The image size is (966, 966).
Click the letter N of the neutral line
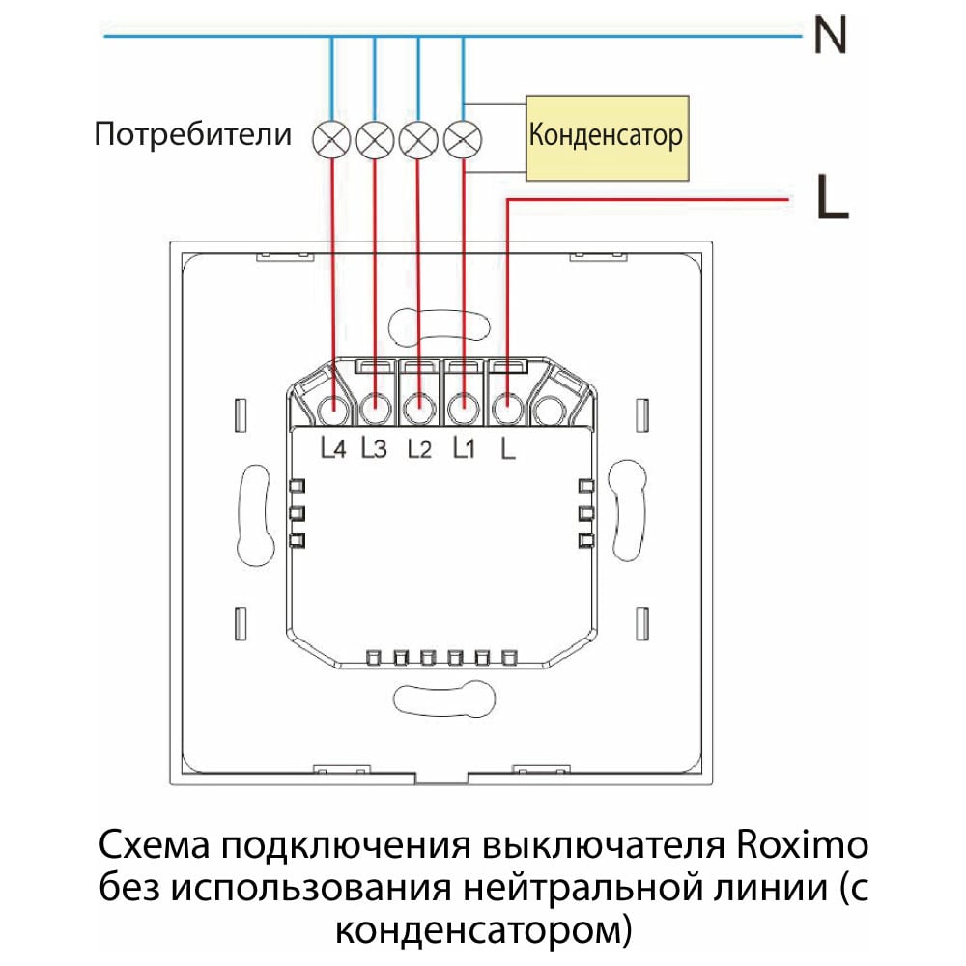830,35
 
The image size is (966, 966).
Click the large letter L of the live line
833,196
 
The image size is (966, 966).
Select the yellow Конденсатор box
607,138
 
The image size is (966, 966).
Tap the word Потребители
193,133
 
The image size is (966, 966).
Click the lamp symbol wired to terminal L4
331,139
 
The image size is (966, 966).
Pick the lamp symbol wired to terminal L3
375,139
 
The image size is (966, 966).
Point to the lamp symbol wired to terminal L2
418,139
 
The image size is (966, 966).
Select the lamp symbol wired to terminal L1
463,139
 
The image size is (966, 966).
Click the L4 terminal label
332,448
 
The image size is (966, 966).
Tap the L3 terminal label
374,448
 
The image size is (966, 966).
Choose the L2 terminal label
419,448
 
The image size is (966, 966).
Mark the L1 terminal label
464,448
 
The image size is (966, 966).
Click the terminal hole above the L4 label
334,408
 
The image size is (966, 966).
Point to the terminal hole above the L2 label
419,408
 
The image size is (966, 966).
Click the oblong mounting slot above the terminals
440,325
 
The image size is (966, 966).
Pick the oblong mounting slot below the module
444,698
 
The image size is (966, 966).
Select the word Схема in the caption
155,845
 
